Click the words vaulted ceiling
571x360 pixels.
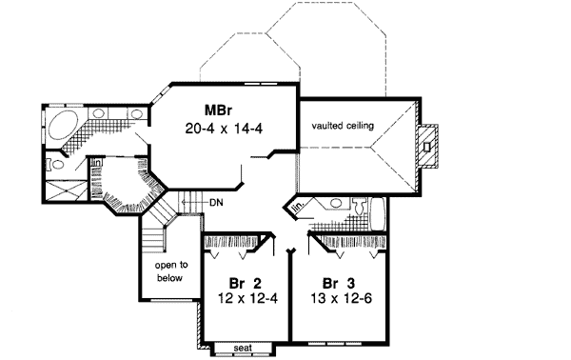tap(342, 126)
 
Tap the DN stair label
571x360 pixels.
tap(216, 202)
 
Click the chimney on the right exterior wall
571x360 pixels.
tap(430, 145)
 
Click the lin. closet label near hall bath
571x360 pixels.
tap(298, 206)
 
